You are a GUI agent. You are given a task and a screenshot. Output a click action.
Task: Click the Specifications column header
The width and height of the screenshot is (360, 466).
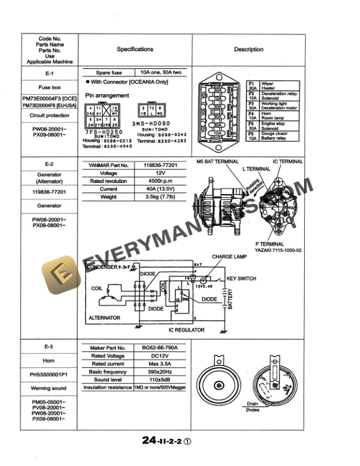[135, 50]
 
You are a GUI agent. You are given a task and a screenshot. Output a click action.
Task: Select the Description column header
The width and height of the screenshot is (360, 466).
[248, 50]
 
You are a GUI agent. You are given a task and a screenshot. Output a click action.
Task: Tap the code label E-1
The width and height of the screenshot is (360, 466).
[49, 74]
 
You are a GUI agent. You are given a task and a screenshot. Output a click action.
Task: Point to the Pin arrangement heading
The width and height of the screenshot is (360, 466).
[107, 95]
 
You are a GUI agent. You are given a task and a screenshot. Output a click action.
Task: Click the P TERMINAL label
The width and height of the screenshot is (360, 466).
[270, 244]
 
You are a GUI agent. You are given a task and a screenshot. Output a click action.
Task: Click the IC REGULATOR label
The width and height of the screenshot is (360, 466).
[187, 330]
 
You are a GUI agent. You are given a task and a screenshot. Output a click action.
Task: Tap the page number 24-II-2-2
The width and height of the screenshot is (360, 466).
[162, 439]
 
